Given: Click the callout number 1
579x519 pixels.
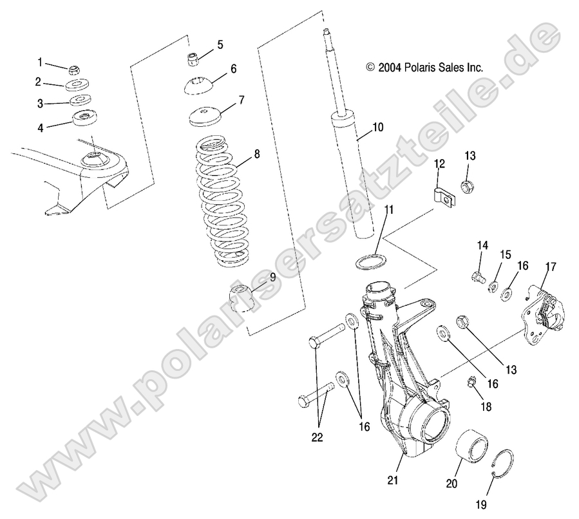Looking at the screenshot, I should tap(39, 62).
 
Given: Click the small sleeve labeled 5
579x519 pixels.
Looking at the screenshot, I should tap(192, 60).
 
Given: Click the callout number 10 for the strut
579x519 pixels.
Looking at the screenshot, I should tap(377, 127).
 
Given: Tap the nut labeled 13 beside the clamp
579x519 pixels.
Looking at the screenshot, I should tap(468, 187).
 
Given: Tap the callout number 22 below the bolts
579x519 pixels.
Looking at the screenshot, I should tap(318, 437).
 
